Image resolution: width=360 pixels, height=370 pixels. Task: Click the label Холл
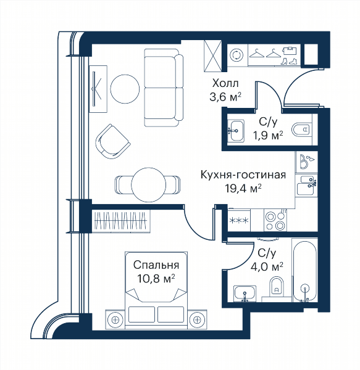point(225,83)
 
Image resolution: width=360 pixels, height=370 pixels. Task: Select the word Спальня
point(156,265)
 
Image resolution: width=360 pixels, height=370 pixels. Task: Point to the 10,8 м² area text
point(156,279)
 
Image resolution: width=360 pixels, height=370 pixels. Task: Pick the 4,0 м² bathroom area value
point(267,267)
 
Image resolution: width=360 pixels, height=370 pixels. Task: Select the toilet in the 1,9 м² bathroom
point(301,129)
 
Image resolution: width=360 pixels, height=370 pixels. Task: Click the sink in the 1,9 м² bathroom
point(236,130)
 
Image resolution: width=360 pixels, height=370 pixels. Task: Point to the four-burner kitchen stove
point(275,221)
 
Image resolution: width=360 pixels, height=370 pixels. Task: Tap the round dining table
point(148,185)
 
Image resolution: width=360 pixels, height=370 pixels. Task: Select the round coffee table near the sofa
point(125,89)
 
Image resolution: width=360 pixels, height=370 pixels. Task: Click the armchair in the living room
point(112,141)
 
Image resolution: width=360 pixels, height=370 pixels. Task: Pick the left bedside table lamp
point(115,319)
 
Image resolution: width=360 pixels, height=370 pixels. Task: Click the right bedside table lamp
point(197,319)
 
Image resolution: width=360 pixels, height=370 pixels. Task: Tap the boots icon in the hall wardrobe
point(288,62)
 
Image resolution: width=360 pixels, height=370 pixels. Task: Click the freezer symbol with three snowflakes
point(239,220)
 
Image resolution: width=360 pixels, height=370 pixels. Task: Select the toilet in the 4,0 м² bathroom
point(277,286)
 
